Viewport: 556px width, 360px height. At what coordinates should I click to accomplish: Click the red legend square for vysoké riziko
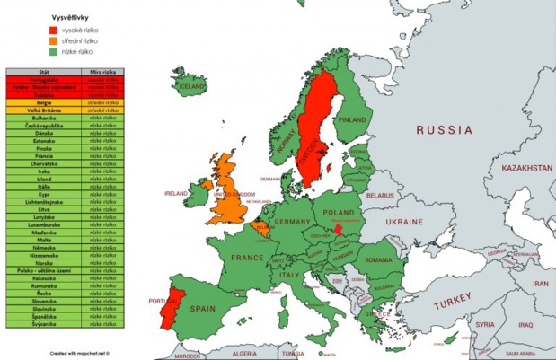(53, 30)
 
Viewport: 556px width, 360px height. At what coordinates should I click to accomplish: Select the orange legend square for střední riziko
(53, 41)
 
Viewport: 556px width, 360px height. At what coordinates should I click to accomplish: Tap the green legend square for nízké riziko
(53, 53)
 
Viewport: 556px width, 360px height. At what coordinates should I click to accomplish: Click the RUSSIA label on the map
(445, 131)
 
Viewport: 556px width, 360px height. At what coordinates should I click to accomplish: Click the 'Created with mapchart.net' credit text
(85, 353)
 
